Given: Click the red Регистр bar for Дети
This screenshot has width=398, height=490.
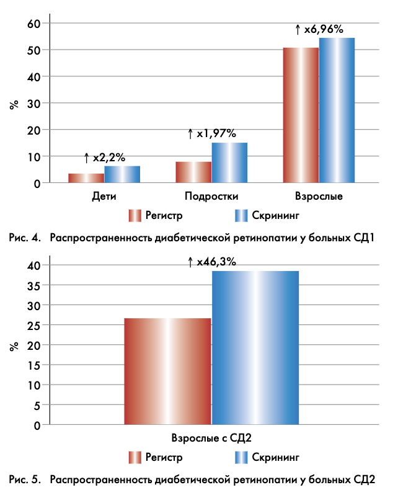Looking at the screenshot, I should pyautogui.click(x=86, y=178).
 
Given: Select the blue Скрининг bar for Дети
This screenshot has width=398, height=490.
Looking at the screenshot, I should pyautogui.click(x=122, y=174).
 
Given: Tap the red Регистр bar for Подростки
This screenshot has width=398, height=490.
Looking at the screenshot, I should pyautogui.click(x=193, y=172).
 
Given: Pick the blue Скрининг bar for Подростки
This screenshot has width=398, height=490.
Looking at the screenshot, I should pyautogui.click(x=229, y=163).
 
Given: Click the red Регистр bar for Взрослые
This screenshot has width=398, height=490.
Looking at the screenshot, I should pyautogui.click(x=301, y=115).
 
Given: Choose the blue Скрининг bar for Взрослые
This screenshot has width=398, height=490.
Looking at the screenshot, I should pyautogui.click(x=337, y=110).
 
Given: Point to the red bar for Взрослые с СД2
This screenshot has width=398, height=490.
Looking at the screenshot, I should pyautogui.click(x=167, y=371).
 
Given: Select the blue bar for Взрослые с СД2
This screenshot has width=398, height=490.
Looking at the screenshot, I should pyautogui.click(x=255, y=347).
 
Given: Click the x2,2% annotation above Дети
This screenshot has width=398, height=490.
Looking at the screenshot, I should pyautogui.click(x=105, y=158).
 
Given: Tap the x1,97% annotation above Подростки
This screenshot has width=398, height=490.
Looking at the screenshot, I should pyautogui.click(x=212, y=133).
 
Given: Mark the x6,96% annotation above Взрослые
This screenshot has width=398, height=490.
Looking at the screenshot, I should pyautogui.click(x=319, y=29).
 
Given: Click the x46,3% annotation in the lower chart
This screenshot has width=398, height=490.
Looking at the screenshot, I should pyautogui.click(x=212, y=262).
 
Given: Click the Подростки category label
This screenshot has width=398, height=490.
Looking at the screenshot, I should pyautogui.click(x=211, y=197).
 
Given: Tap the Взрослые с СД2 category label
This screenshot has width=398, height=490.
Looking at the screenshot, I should pyautogui.click(x=211, y=438).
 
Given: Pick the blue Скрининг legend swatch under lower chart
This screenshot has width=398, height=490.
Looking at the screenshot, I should pyautogui.click(x=242, y=458).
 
